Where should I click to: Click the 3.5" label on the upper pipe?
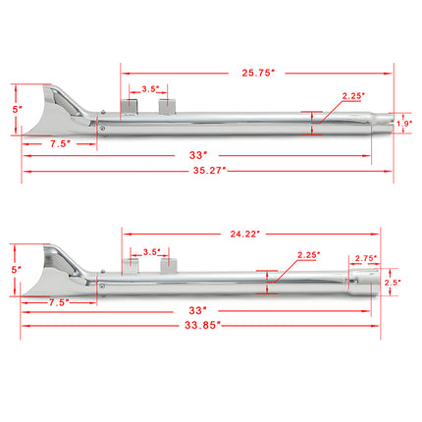tap(149, 89)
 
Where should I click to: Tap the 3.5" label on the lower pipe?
tap(149, 250)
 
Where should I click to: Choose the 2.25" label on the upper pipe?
tap(353, 95)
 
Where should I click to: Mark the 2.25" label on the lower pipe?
tap(308, 254)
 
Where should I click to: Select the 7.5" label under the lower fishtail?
tap(60, 303)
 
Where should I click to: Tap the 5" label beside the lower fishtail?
tap(14, 268)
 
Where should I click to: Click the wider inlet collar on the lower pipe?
tap(360, 285)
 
